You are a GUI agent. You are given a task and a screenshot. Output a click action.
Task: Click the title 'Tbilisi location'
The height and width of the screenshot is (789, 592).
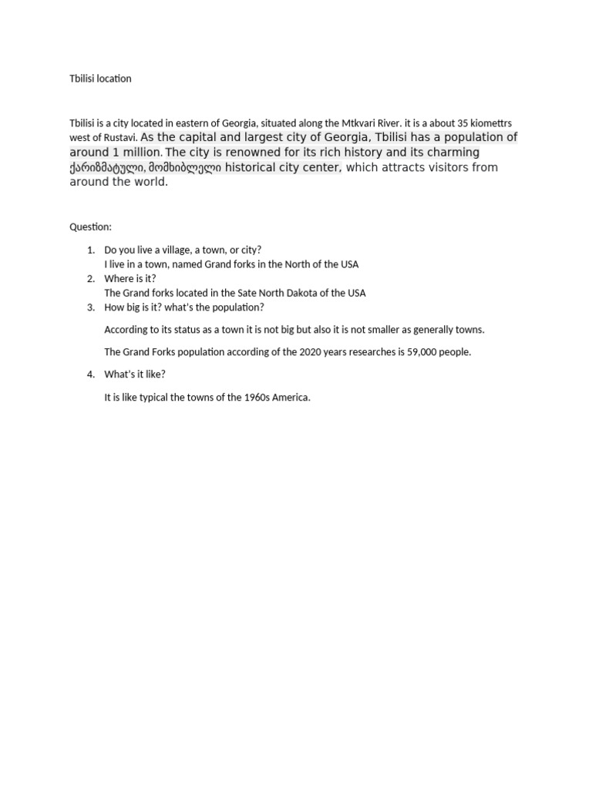coord(100,79)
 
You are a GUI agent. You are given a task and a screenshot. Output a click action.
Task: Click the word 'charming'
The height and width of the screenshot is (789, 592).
coord(452,153)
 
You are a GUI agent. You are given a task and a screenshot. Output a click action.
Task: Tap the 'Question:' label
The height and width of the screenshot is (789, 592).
coord(90,227)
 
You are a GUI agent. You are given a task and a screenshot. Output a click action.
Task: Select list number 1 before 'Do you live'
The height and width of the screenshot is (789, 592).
coord(90,250)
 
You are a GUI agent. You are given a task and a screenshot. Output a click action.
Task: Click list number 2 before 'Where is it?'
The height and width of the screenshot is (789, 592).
coord(90,278)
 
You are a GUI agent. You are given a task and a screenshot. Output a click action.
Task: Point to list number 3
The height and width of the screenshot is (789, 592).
coord(90,307)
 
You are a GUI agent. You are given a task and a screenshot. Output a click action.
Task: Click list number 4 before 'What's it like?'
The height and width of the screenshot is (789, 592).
coord(90,374)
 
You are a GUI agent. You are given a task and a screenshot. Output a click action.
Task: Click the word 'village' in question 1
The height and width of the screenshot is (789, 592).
coord(170,250)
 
